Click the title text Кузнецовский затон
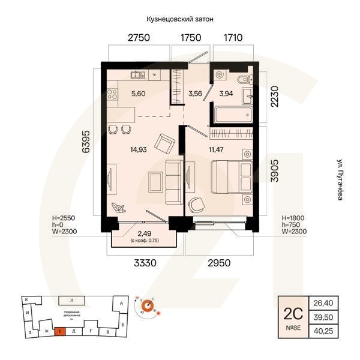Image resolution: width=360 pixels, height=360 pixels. coord(179,20)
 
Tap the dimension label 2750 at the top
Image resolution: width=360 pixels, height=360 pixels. coord(138,38)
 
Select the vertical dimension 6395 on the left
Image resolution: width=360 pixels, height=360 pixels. coord(86,142)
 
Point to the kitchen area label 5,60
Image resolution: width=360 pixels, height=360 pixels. coord(138,93)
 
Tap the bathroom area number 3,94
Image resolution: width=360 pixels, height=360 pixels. coord(226,93)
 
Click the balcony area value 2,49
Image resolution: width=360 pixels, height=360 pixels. coord(144,233)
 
